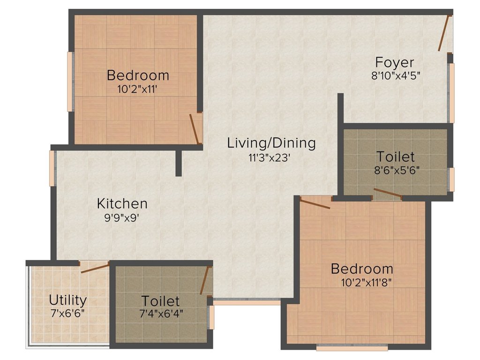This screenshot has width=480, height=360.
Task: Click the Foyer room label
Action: pyautogui.click(x=395, y=62)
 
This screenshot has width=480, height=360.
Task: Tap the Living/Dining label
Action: pyautogui.click(x=271, y=143)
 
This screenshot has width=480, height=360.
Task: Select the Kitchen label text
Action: pyautogui.click(x=122, y=203)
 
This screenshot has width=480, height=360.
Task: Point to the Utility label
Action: pyautogui.click(x=67, y=300)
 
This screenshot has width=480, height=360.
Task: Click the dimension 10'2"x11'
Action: pyautogui.click(x=137, y=90)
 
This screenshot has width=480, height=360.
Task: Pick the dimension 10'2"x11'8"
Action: pyautogui.click(x=367, y=282)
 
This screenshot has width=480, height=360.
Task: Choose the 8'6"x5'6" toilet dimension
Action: pyautogui.click(x=397, y=170)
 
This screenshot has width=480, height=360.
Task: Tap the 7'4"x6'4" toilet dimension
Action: pyautogui.click(x=161, y=314)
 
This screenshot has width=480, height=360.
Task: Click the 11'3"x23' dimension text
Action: pyautogui.click(x=269, y=158)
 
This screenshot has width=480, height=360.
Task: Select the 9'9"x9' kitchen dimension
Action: pyautogui.click(x=122, y=218)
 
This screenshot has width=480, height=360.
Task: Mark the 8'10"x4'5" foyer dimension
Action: pyautogui.click(x=395, y=75)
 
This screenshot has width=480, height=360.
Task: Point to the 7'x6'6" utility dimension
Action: pyautogui.click(x=67, y=314)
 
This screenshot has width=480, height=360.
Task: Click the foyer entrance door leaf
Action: pyautogui.click(x=443, y=33)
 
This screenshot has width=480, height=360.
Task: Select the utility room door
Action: pyautogui.click(x=95, y=267)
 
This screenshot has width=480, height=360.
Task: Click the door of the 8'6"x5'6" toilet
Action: pyautogui.click(x=387, y=193)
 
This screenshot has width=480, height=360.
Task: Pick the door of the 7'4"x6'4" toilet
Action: pyautogui.click(x=205, y=280)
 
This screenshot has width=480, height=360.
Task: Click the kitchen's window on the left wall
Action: pyautogui.click(x=52, y=168)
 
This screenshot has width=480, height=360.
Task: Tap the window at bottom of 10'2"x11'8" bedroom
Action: pyautogui.click(x=352, y=348)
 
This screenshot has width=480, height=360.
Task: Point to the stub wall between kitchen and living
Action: pyautogui.click(x=179, y=163)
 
